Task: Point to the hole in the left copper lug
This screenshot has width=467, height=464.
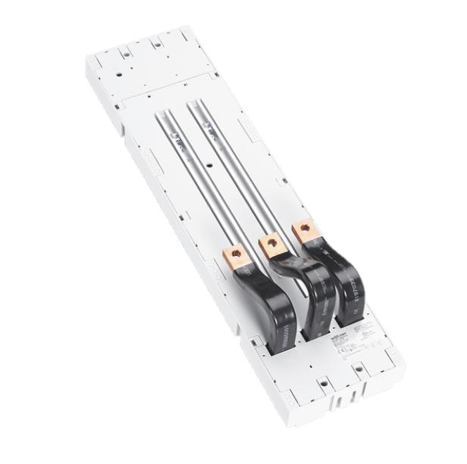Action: pos(237,256)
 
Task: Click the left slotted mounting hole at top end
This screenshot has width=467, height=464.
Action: pos(122,54)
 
